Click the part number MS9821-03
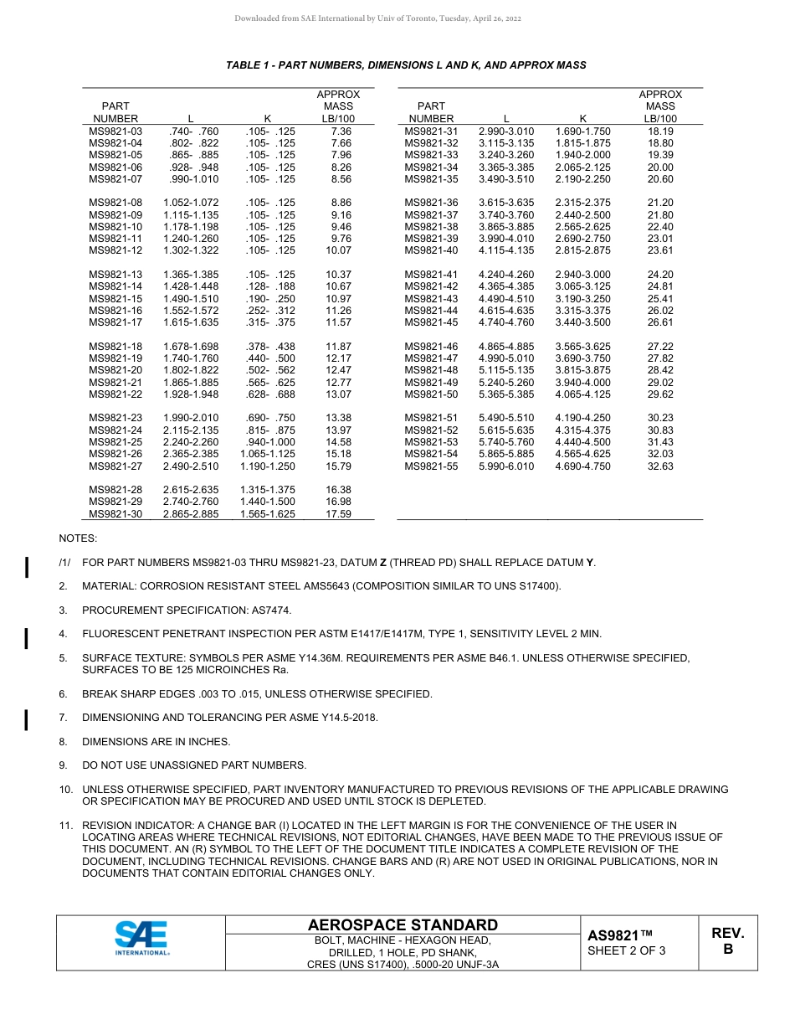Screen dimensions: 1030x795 point(115,131)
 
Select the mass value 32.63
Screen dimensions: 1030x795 point(660,466)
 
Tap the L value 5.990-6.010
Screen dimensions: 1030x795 point(505,466)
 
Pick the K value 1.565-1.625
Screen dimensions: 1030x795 point(267,514)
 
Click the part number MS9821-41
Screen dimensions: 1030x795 point(431,275)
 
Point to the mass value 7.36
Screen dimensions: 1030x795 point(341,131)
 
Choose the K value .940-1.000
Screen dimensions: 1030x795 point(269,442)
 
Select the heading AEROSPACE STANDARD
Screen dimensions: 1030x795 point(403,924)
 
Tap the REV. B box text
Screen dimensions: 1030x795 point(727,941)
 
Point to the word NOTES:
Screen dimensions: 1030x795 point(78,538)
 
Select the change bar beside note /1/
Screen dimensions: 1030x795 point(28,567)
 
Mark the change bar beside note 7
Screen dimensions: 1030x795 point(28,720)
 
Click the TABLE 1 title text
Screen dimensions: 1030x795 point(406,65)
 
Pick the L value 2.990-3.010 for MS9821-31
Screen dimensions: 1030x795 point(505,131)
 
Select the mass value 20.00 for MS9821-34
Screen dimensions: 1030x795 point(660,167)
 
